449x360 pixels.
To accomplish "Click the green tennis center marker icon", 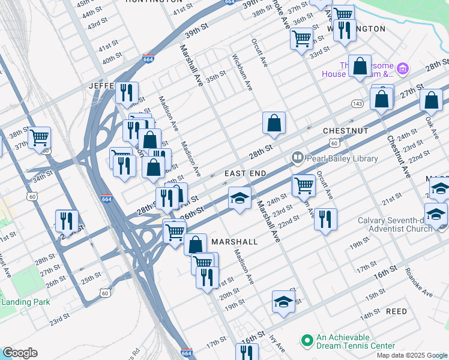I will click(x=307, y=340).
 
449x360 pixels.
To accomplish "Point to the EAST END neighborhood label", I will click(x=245, y=173).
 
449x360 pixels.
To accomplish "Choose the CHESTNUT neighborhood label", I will click(x=345, y=130).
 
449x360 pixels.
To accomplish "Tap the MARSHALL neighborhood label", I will click(x=234, y=241).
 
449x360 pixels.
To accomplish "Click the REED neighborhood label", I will click(x=396, y=311).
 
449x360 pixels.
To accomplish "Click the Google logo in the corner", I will click(x=19, y=353).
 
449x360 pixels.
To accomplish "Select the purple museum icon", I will click(x=402, y=69).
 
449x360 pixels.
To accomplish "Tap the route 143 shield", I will click(x=357, y=104).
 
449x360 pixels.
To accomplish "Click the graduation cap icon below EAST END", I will click(x=239, y=198).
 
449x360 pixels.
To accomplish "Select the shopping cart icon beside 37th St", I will click(x=39, y=137).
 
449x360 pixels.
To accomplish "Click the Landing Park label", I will click(x=25, y=302).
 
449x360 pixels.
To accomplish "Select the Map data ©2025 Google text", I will click(x=411, y=355).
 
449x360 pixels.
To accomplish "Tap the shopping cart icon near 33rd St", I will click(x=301, y=38).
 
